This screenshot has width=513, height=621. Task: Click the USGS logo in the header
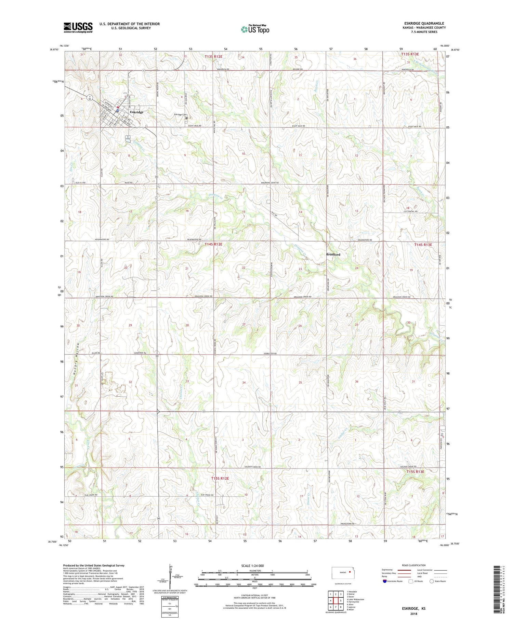click(x=78, y=27)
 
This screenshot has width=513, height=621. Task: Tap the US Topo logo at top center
click(x=255, y=29)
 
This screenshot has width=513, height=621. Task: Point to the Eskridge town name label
click(x=136, y=112)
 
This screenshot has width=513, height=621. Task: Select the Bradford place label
click(x=333, y=254)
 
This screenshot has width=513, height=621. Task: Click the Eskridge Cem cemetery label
click(x=181, y=115)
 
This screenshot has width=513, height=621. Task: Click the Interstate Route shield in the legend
click(x=385, y=581)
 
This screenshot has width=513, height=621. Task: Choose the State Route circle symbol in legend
click(x=432, y=581)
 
